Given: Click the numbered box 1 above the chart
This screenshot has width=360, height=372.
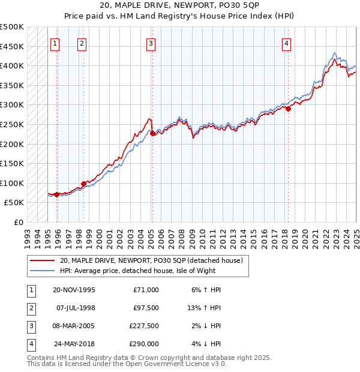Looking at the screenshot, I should tap(55, 43).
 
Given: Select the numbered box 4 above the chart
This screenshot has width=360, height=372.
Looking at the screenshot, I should tap(287, 43).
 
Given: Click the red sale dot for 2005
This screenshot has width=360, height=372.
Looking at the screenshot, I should tap(152, 133).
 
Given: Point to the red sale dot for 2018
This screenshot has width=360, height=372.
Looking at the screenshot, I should tap(288, 109).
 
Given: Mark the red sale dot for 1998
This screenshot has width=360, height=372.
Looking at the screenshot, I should tap(83, 184).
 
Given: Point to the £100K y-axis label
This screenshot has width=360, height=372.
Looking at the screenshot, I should tap(12, 183).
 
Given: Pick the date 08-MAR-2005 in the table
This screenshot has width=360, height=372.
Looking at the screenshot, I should tap(74, 326).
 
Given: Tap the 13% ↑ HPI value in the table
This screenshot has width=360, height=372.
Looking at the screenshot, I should tap(204, 308).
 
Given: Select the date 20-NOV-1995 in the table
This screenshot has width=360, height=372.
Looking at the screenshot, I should tap(74, 290).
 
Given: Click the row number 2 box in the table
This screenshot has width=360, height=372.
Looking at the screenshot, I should tap(30, 308).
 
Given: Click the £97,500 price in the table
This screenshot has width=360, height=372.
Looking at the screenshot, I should tap(146, 308).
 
